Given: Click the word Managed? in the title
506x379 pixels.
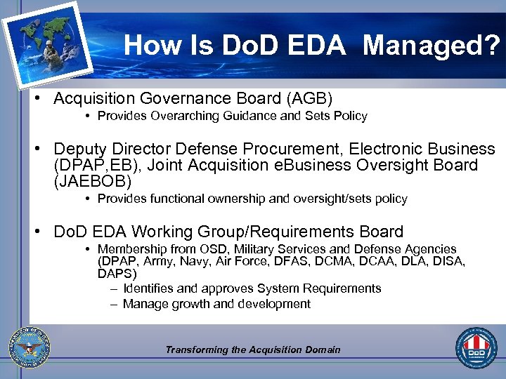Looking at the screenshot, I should pos(432,46).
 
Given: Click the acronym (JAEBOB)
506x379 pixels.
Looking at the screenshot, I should pos(92,182).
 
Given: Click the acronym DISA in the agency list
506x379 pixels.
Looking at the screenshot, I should pos(450,261).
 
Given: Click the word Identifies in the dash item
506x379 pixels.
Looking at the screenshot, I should pos(150,288).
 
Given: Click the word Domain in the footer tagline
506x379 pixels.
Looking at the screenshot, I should pos(323,350).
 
